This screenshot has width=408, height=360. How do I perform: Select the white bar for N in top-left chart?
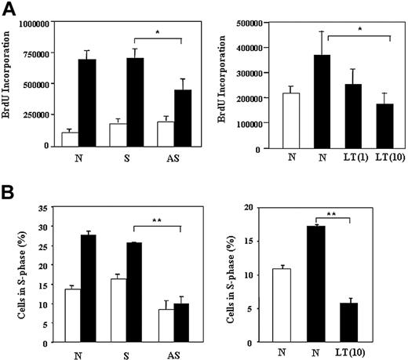pyautogui.click(x=70, y=139)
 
